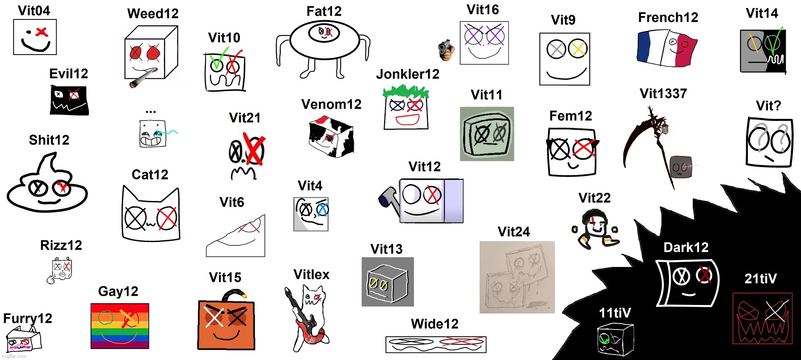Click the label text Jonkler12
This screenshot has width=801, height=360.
408,74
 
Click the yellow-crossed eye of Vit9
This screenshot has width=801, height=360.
578,49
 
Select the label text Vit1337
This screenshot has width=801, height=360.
663,93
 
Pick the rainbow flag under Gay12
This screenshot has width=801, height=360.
120,326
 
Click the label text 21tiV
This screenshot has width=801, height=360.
760,279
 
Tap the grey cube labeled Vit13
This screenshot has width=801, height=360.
387,283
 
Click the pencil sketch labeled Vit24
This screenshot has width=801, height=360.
517,277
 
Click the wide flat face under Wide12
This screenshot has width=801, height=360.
436,344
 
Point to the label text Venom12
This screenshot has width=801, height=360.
331,104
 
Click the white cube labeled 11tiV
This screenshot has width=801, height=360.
615,339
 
